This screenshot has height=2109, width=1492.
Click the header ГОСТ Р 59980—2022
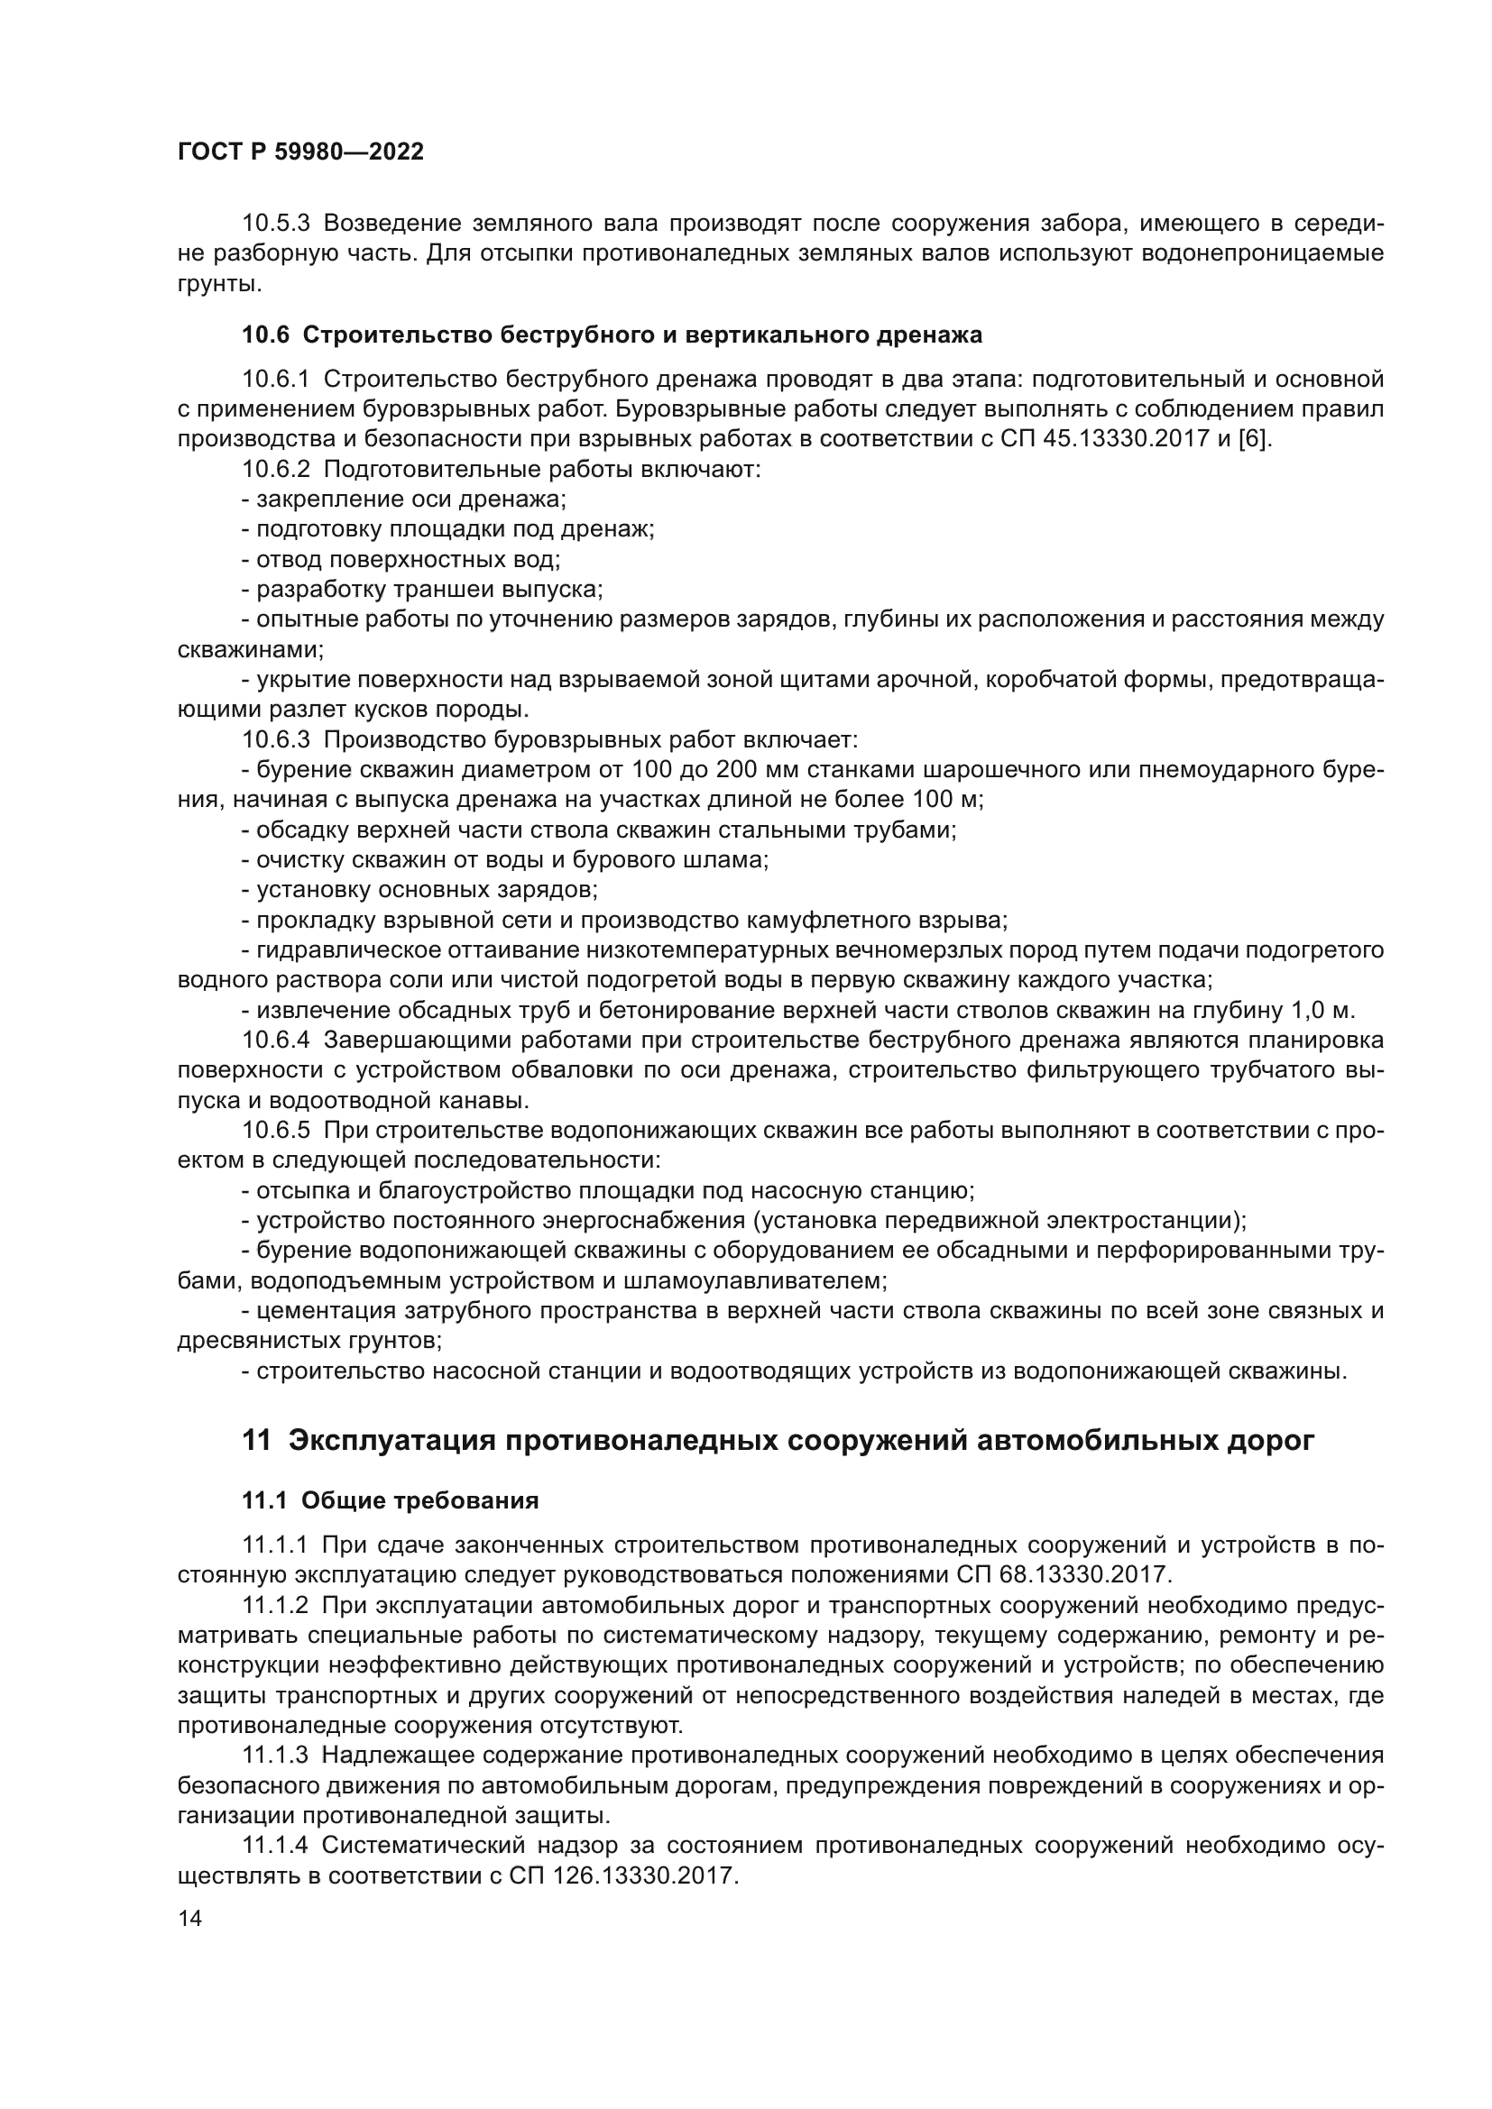point(300,152)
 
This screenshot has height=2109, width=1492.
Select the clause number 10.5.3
point(277,224)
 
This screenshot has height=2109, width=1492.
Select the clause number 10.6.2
point(277,470)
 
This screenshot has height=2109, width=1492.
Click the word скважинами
point(250,649)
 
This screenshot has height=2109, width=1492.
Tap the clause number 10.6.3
point(277,739)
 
